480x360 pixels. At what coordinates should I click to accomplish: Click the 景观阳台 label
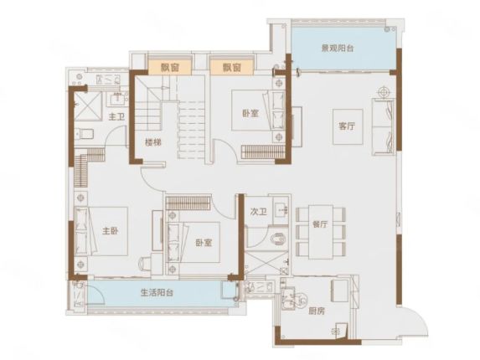tap(338, 49)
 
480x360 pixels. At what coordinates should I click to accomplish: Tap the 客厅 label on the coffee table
tap(347, 126)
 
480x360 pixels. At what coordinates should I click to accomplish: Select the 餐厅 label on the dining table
tap(320, 224)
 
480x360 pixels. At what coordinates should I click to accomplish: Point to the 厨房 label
tap(317, 311)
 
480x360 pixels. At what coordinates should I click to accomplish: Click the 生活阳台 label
tap(157, 293)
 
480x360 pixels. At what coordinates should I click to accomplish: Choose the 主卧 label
tap(110, 231)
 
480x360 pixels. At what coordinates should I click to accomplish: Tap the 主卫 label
tap(116, 116)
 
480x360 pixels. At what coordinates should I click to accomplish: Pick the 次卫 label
tap(258, 212)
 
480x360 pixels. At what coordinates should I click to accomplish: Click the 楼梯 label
tap(153, 142)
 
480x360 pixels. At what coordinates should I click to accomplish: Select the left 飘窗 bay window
tap(170, 67)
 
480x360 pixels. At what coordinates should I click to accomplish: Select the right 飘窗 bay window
tap(232, 67)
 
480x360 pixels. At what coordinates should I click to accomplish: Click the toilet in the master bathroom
tap(85, 134)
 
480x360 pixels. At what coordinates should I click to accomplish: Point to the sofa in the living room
tap(384, 126)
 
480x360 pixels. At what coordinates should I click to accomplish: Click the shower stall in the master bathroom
tap(88, 105)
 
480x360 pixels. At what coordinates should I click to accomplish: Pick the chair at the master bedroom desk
tap(145, 262)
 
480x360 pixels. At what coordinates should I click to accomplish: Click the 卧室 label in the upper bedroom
tap(250, 114)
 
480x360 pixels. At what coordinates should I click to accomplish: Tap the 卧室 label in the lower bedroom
tap(204, 243)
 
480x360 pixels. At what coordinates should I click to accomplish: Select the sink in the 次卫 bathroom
tap(281, 210)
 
